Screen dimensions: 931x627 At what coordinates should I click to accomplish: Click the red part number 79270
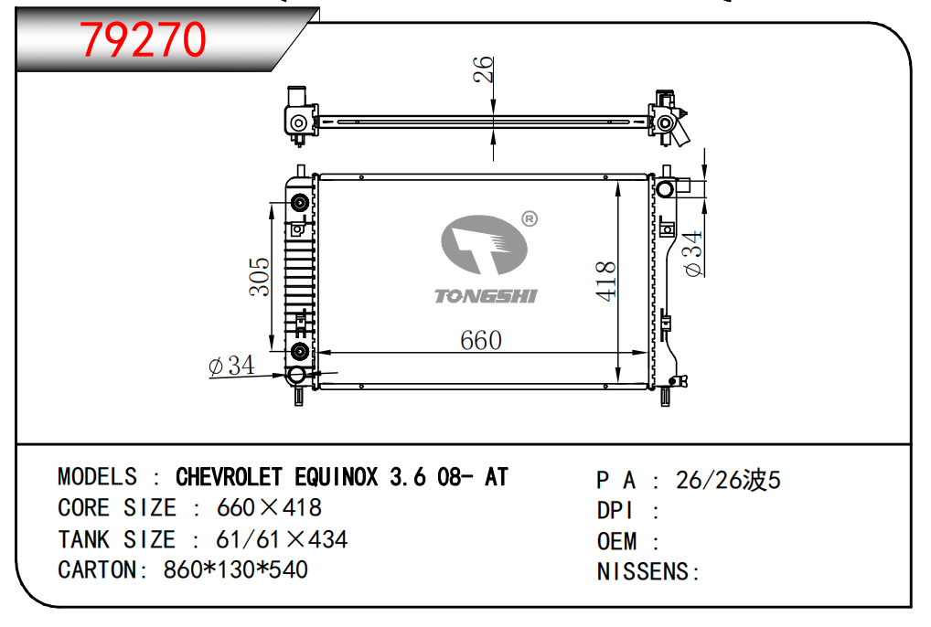coord(143,39)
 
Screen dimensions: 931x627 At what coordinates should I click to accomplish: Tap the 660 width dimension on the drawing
coord(481,341)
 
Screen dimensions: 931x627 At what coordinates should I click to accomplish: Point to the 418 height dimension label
coord(605,282)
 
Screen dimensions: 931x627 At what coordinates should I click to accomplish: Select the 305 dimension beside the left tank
coord(259,276)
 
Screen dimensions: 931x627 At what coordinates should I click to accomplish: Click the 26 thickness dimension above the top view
coord(483,69)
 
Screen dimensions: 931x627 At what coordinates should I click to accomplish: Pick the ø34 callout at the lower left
coord(231,366)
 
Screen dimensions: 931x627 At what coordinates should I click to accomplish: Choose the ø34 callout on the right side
coord(692,253)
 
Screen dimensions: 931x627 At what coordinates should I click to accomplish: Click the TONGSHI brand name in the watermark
coord(486,296)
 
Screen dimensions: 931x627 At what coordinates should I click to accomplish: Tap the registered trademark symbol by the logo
coord(530,218)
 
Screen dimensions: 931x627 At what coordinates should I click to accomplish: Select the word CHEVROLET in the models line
coord(229,477)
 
